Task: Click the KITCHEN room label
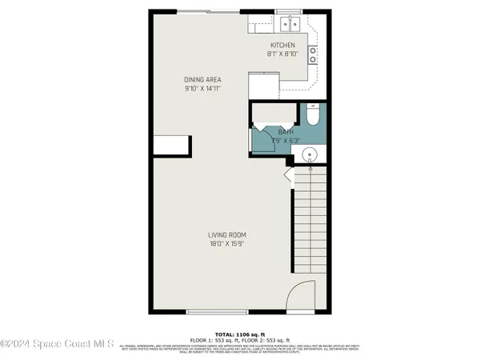click(282, 45)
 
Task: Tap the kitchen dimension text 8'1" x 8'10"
click(282, 54)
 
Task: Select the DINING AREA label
click(202, 80)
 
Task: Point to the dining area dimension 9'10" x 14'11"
click(202, 90)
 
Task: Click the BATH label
click(286, 132)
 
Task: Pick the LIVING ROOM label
click(227, 234)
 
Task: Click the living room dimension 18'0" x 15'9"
click(227, 244)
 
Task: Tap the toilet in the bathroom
click(312, 117)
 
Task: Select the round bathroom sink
click(312, 154)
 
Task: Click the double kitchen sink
click(286, 22)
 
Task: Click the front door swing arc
click(301, 295)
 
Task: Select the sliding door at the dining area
click(208, 10)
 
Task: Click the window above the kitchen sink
click(286, 10)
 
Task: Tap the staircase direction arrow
click(289, 172)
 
